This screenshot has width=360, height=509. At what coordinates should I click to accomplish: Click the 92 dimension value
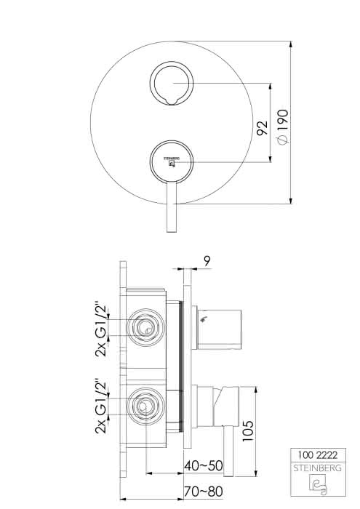(x=262, y=127)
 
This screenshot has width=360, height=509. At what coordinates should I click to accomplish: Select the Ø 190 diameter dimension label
(x=283, y=127)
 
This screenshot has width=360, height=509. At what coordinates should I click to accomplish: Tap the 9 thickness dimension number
(x=207, y=261)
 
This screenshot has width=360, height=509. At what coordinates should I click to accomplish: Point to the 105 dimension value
(x=248, y=430)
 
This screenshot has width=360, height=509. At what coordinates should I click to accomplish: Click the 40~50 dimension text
(x=204, y=466)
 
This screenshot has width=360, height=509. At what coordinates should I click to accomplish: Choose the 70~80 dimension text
(x=204, y=492)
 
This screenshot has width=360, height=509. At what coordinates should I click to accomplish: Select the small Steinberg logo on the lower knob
(x=172, y=161)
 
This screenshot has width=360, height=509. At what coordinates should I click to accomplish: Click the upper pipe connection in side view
(x=145, y=327)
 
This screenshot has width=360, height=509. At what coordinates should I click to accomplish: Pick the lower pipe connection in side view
(x=145, y=406)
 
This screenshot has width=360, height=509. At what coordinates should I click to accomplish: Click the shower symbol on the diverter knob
(x=204, y=319)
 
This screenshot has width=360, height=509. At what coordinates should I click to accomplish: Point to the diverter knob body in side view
(x=219, y=329)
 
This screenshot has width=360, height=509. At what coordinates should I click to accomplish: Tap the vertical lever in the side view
(x=228, y=452)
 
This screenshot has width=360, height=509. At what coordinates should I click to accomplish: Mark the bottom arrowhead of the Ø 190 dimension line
(x=290, y=200)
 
